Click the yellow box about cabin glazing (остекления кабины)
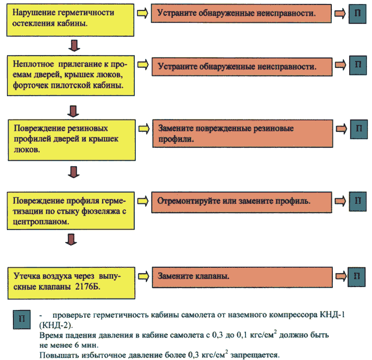70,20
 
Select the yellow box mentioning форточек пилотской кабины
71,76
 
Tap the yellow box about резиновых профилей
72,140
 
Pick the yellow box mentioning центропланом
71,211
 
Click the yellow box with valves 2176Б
71,283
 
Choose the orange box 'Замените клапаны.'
242,278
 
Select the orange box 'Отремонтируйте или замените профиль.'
242,202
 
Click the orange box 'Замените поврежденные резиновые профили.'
243,133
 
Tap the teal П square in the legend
22,319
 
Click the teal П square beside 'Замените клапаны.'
357,277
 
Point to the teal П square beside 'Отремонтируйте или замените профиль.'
358,202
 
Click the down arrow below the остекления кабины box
74,46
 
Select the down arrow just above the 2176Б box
71,240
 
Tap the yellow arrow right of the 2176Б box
143,277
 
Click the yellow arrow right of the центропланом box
143,201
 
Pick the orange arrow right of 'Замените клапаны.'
341,276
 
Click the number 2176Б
87,287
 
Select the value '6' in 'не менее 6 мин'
76,345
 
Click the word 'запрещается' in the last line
255,355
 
